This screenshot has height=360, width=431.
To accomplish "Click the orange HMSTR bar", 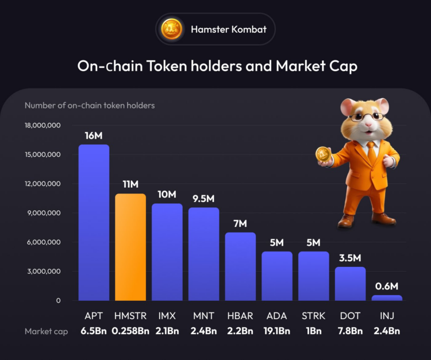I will click(x=130, y=247).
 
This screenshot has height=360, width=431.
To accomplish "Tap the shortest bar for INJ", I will click(x=387, y=297).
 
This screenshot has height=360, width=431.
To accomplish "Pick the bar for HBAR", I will click(x=240, y=266).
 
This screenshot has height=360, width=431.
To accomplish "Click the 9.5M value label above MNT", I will click(x=203, y=199).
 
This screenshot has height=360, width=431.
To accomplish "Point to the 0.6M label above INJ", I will click(x=387, y=286).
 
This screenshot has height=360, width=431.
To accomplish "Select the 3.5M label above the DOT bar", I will click(x=350, y=258).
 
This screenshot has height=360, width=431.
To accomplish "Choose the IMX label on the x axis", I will click(x=167, y=316).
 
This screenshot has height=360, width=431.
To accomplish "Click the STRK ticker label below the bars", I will click(x=313, y=316).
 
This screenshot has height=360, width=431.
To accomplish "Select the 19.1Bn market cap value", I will click(x=276, y=331).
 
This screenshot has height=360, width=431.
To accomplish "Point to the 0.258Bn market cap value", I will click(x=130, y=331).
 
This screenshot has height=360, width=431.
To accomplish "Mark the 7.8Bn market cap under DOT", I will click(x=350, y=331).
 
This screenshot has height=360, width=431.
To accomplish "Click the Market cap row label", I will click(x=47, y=331).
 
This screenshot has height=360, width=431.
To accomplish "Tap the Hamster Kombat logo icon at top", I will click(x=171, y=29).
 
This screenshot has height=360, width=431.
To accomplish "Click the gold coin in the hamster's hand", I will click(x=323, y=155).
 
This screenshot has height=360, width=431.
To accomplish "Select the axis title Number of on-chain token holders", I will click(x=90, y=105).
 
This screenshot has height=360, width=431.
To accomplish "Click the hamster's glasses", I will click(x=365, y=117).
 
